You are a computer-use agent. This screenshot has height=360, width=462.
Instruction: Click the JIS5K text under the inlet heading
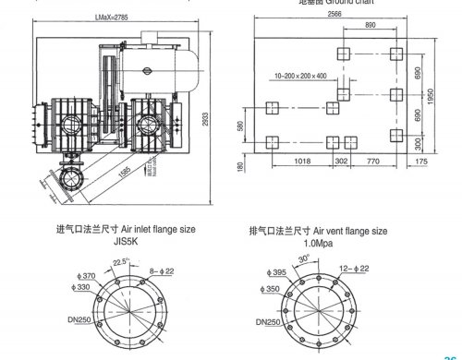[x=125, y=242]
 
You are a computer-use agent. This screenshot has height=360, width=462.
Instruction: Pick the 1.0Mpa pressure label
[x=317, y=242]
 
